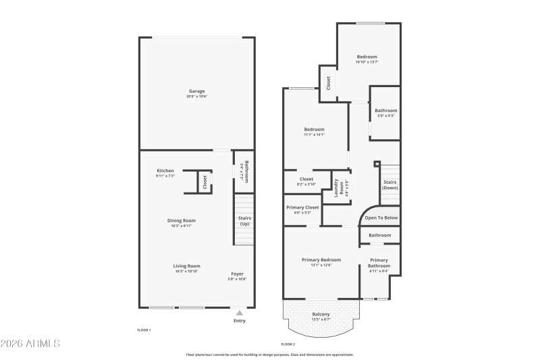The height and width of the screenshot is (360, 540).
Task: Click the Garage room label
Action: point(196,91)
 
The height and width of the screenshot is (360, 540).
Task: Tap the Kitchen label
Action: point(165,170)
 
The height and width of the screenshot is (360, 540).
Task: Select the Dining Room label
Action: point(182,220)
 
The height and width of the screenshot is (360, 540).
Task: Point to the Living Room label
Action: point(187,266)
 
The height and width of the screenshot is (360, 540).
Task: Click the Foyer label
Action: point(238,274)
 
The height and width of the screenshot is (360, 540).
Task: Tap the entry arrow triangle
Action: point(239,313)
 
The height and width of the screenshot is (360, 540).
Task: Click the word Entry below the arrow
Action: point(240,321)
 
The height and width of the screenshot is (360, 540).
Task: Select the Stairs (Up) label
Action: point(244,221)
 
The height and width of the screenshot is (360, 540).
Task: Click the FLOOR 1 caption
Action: point(144,330)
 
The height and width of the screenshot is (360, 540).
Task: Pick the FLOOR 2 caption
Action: point(288,344)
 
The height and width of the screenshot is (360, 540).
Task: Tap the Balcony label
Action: point(321,314)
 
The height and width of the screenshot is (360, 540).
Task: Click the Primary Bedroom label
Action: point(321,259)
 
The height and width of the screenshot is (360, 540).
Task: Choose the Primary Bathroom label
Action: point(379,263)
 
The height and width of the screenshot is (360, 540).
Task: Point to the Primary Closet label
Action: point(303,207)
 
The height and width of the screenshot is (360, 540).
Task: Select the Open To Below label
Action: point(381,218)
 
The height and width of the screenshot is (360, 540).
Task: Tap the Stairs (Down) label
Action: point(390,184)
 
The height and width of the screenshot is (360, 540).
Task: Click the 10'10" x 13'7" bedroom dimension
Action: point(367,62)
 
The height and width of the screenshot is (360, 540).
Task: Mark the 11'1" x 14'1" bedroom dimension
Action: point(315,134)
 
